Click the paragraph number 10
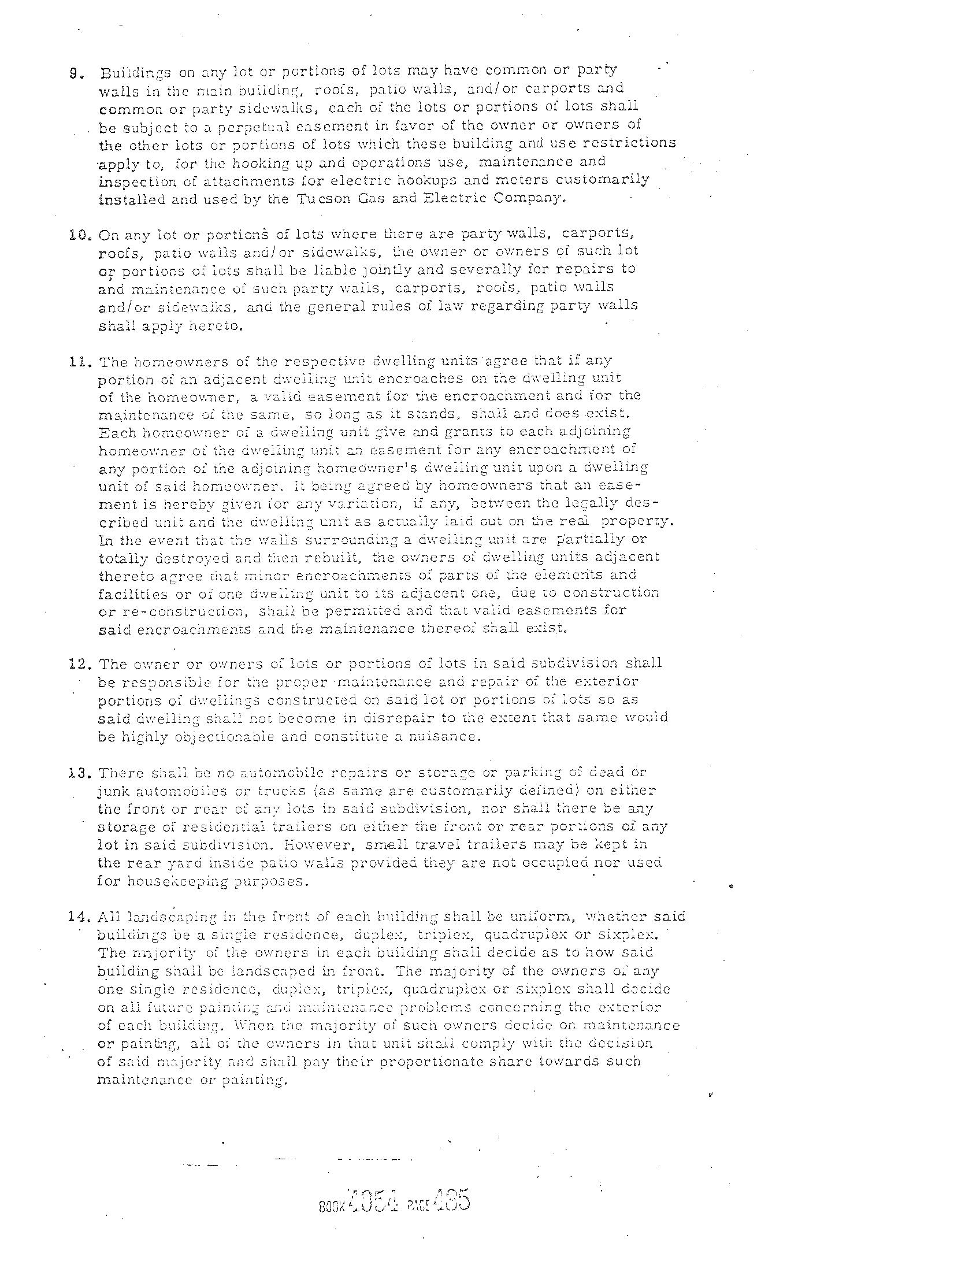[x=77, y=236]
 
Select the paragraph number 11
[x=77, y=362]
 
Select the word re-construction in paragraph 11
[x=174, y=612]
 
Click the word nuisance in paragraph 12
[x=450, y=736]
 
